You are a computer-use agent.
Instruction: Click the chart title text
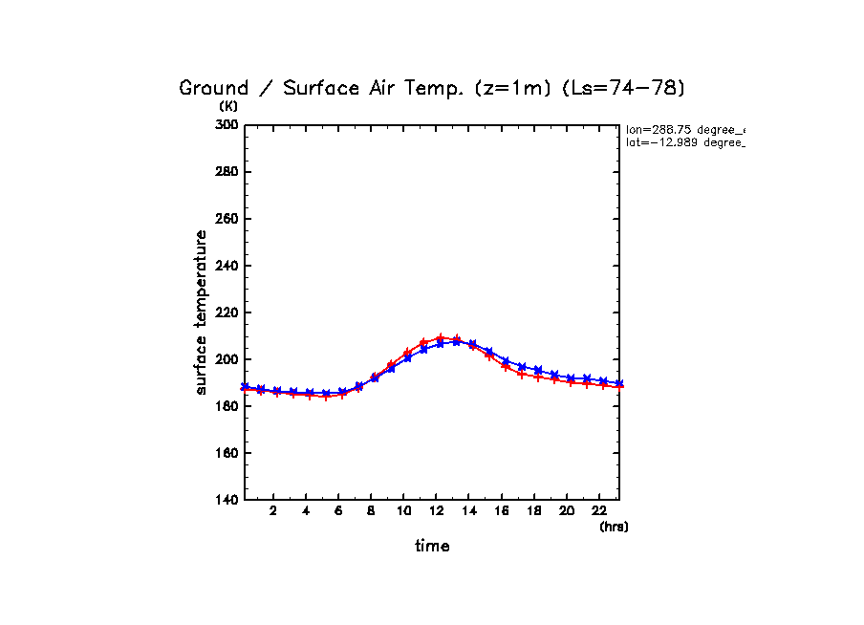point(432,88)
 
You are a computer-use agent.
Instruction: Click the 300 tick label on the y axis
point(227,125)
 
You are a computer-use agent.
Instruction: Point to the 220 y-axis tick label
point(227,312)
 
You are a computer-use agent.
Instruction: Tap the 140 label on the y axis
point(227,500)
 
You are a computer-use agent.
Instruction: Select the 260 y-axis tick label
point(227,219)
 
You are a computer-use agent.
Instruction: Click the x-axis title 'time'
point(432,547)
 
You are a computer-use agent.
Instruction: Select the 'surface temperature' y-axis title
point(202,312)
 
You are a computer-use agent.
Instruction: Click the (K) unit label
point(228,106)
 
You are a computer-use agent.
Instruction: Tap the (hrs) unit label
point(614,527)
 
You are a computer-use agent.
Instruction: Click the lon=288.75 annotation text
point(684,129)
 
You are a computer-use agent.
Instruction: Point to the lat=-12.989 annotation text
point(684,142)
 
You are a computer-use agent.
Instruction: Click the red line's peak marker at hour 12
point(440,338)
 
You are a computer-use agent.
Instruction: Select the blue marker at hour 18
point(538,370)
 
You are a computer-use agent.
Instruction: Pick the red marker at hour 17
point(522,374)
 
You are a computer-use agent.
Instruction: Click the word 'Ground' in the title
point(212,88)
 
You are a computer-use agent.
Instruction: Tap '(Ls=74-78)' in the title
point(636,88)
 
